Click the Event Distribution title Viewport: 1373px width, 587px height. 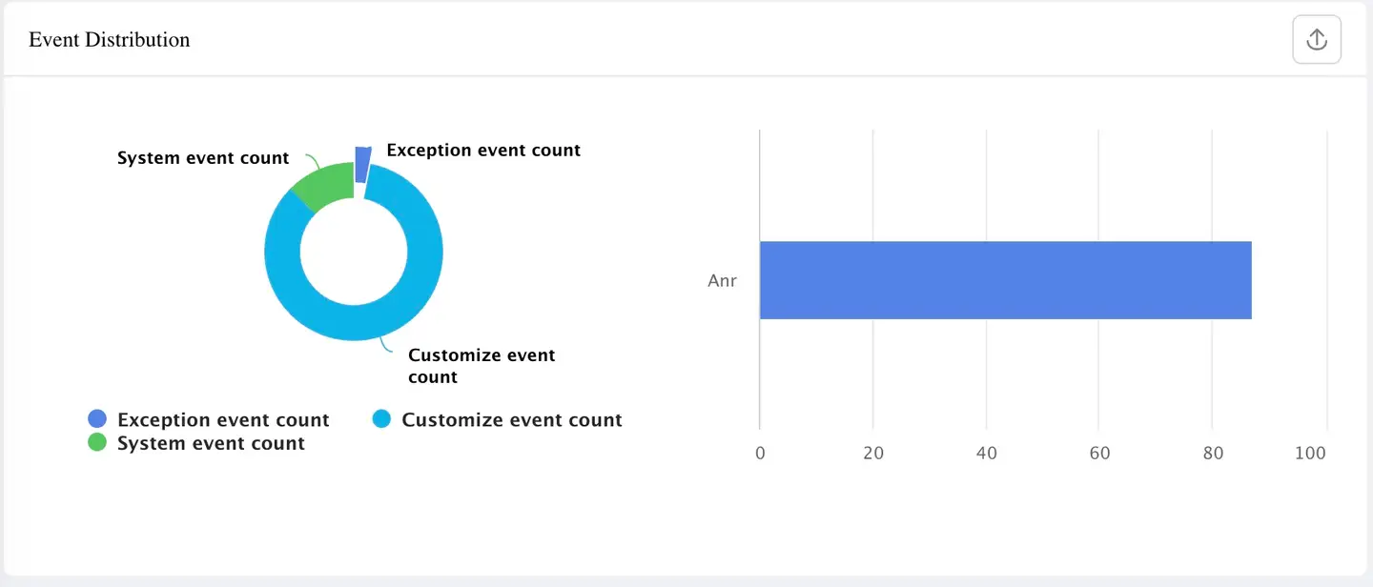[x=110, y=40]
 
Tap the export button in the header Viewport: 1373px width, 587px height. [x=1317, y=40]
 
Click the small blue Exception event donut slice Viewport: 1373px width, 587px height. [x=362, y=164]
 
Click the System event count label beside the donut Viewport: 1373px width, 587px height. [x=203, y=158]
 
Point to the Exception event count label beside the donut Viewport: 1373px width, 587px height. [x=483, y=151]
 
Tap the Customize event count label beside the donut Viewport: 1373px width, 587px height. [x=482, y=366]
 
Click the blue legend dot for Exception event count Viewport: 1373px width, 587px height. [x=97, y=419]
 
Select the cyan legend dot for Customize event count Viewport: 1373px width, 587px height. [x=381, y=419]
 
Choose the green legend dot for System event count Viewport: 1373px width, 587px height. [x=97, y=443]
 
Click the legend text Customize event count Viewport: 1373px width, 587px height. [x=512, y=420]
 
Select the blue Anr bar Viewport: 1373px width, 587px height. [x=1005, y=280]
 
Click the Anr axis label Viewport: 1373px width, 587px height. [x=722, y=281]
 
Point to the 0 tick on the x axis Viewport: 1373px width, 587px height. [x=760, y=454]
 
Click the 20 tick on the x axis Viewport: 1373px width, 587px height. [x=873, y=454]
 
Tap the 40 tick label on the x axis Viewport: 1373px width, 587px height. [x=987, y=454]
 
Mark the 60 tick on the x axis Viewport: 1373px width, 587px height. [x=1099, y=454]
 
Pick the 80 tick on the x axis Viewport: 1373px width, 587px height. [x=1213, y=454]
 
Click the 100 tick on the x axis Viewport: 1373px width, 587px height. [x=1310, y=454]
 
